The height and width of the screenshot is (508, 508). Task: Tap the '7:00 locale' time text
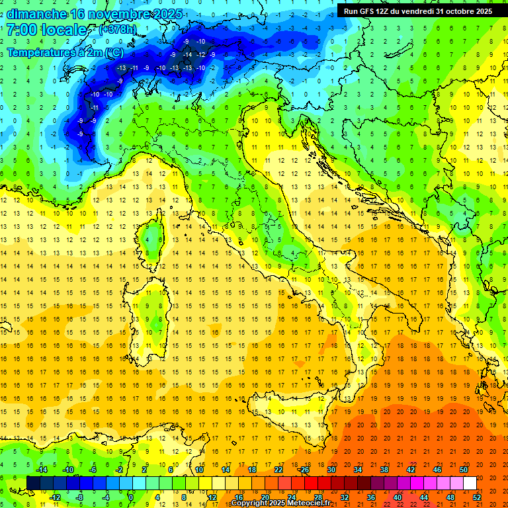pos(46,30)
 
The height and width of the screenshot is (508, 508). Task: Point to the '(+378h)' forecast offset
pos(117,30)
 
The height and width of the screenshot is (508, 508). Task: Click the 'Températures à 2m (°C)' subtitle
pos(65,52)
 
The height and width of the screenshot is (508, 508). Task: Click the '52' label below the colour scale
pos(477,497)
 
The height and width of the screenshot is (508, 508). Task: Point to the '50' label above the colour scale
pos(464,470)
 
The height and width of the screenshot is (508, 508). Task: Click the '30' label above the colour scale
pos(331,470)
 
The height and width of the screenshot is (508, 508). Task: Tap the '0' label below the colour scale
pos(132,497)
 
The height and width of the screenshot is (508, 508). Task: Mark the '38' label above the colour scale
pos(384,470)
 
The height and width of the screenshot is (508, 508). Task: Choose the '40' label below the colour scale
pos(398,497)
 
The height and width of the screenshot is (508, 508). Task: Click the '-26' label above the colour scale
pos(304,470)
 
